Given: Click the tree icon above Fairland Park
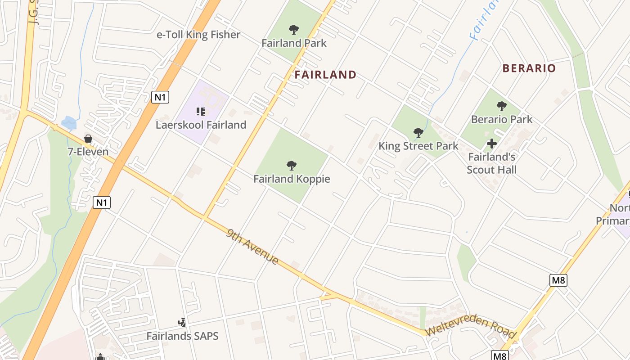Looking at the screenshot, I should (x=294, y=30).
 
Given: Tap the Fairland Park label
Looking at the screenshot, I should (x=294, y=43).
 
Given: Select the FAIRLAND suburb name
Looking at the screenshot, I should (x=325, y=75).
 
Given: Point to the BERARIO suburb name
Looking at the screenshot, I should (x=529, y=68).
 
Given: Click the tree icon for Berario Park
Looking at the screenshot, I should (x=501, y=107).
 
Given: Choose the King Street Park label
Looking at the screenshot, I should (x=418, y=146).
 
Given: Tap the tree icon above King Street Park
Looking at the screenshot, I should (x=418, y=133).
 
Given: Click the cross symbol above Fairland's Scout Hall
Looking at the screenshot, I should (x=492, y=144).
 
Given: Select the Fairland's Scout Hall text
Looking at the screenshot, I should (x=491, y=163).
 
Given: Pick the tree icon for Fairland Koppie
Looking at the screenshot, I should (x=292, y=166).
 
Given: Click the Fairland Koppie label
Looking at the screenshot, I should (x=292, y=179).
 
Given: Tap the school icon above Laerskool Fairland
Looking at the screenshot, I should (x=201, y=111).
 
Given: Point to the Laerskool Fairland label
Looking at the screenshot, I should (x=201, y=125).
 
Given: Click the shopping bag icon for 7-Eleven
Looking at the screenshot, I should (x=88, y=139).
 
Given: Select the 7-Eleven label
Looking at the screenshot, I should (x=88, y=152).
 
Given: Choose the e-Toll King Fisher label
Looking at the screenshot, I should (x=198, y=35).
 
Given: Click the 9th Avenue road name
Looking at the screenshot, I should (x=252, y=247).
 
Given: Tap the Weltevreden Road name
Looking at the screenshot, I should (x=470, y=326).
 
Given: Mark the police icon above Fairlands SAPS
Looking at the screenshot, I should (x=182, y=322).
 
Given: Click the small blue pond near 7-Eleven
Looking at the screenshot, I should (x=69, y=122).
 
